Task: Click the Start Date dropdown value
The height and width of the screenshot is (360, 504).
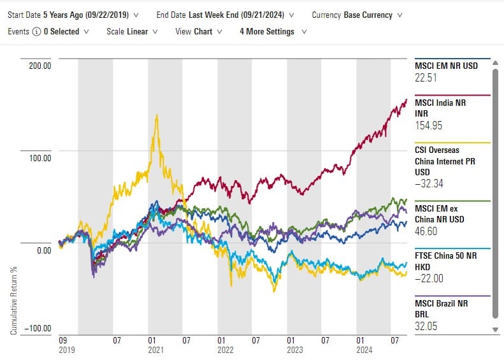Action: tap(94, 14)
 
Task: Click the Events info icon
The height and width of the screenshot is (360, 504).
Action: tap(37, 31)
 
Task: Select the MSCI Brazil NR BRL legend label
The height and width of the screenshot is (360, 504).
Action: tap(443, 306)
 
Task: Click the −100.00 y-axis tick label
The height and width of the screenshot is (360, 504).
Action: tap(37, 328)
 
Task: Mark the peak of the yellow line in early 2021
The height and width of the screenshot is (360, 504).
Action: tap(155, 116)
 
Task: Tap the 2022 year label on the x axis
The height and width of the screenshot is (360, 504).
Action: tap(226, 350)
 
